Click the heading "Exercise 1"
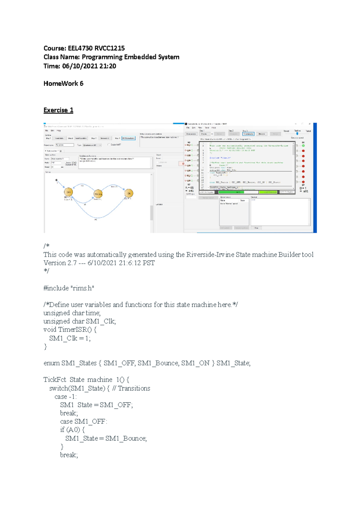[x=58, y=110]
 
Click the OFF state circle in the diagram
[x=68, y=192]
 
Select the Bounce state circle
[x=98, y=194]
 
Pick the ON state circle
[x=129, y=193]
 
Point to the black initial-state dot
[x=56, y=180]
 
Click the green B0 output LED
[x=303, y=146]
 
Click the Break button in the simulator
[x=262, y=134]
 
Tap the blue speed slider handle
[x=297, y=134]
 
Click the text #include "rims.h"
[x=69, y=288]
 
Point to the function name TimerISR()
[x=75, y=330]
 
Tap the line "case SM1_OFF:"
[x=83, y=421]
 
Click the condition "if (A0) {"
[x=72, y=430]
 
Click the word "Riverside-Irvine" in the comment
[x=210, y=255]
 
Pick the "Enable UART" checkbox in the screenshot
[x=109, y=144]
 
